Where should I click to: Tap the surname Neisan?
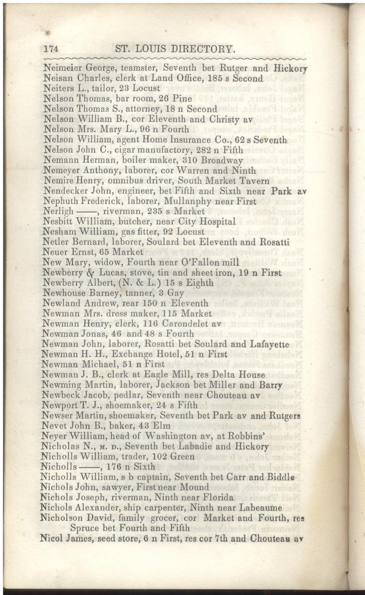pos(58,79)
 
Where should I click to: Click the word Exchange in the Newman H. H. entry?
pos(119,354)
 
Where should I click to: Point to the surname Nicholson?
pos(64,518)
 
